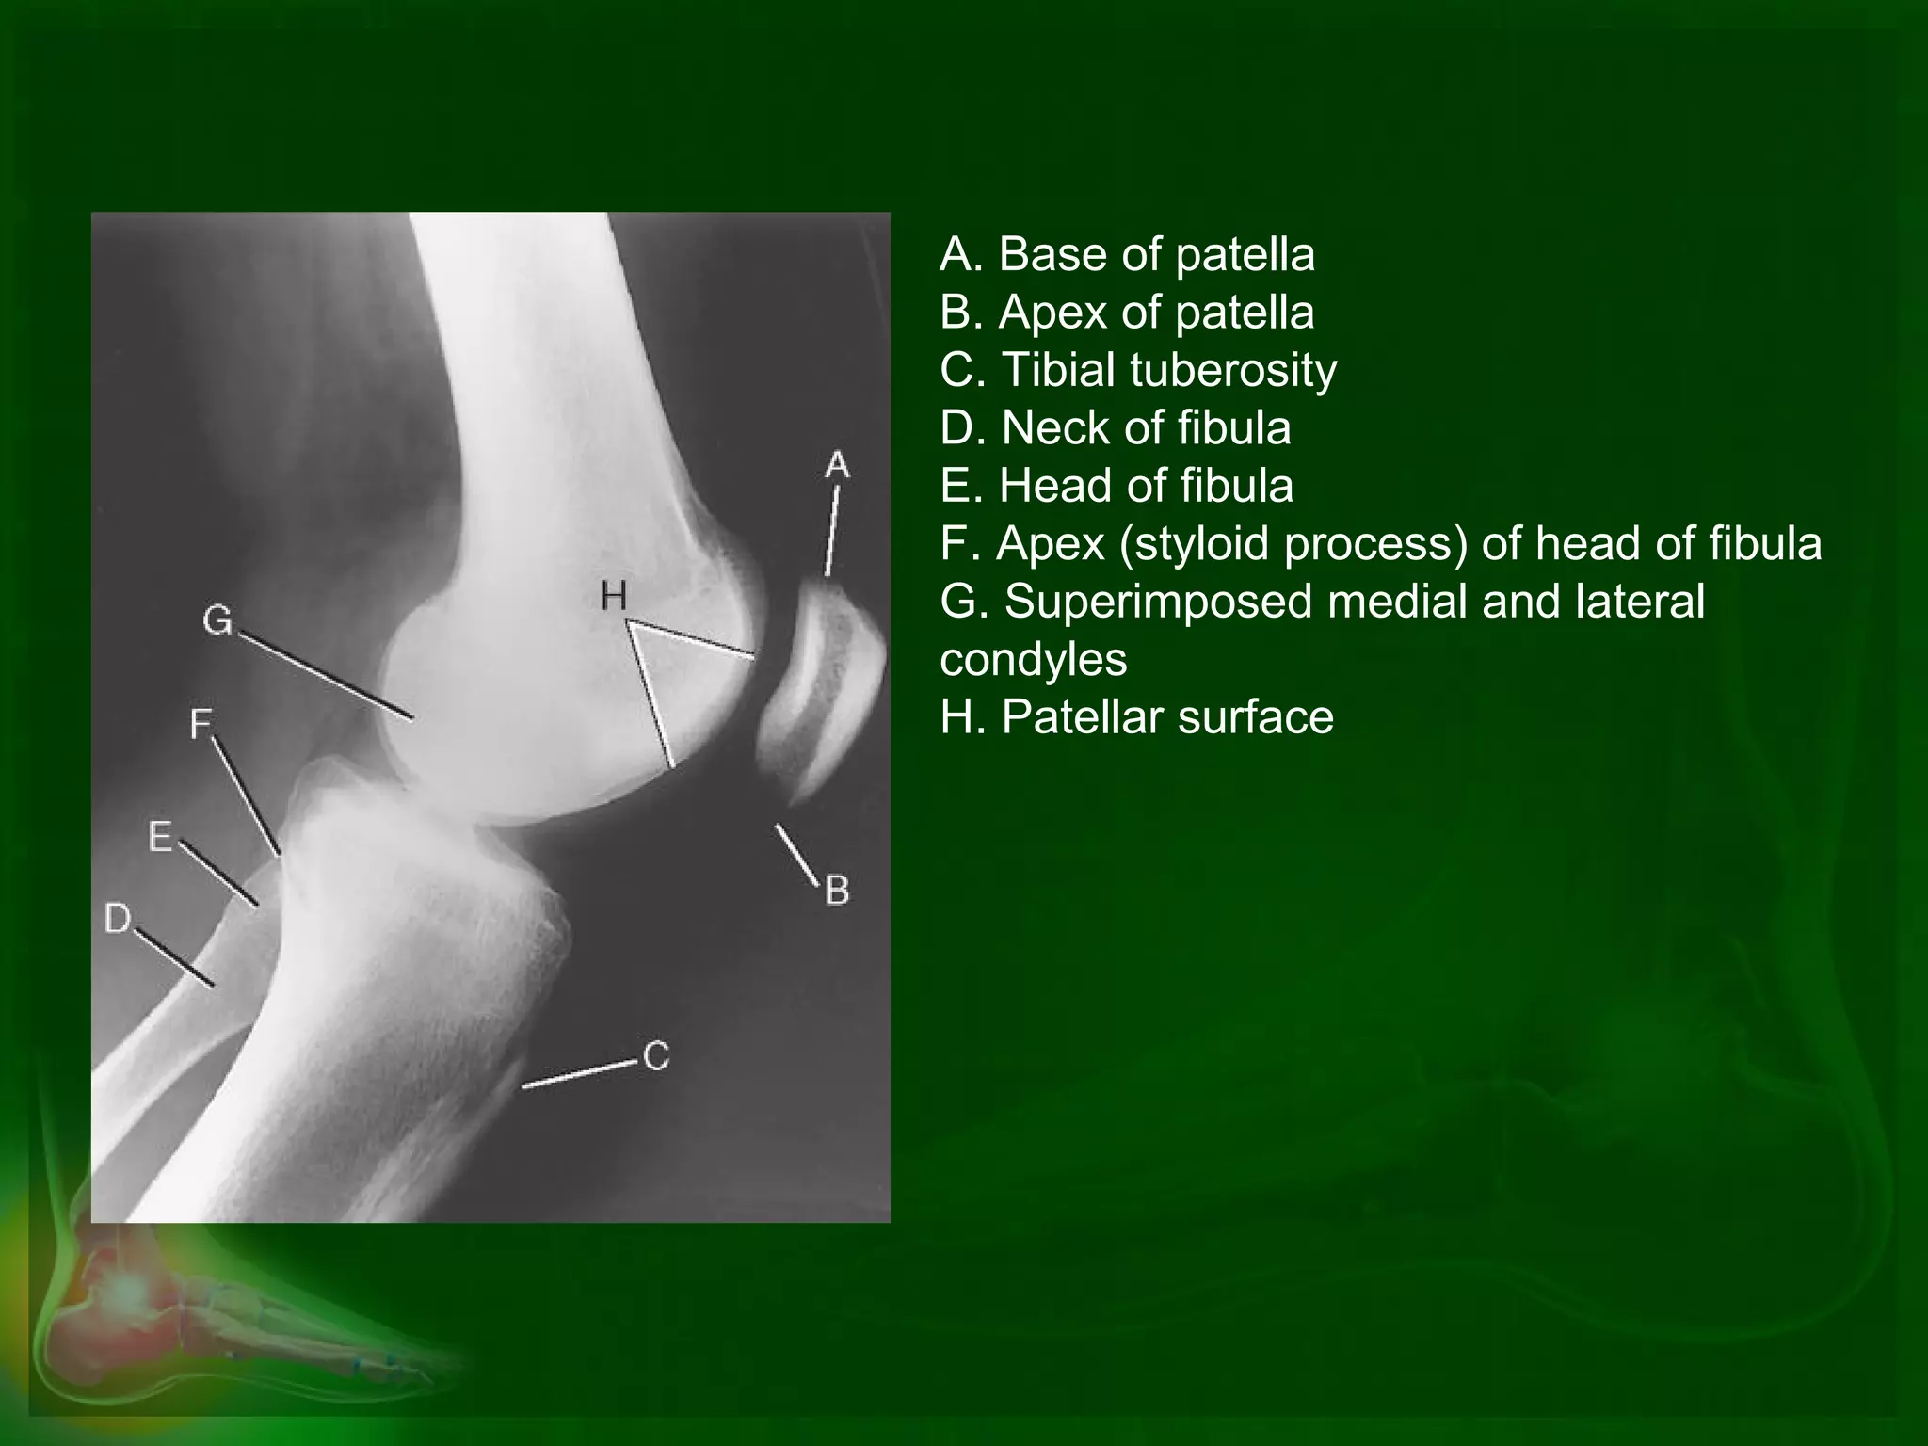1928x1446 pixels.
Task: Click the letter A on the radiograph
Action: pos(836,465)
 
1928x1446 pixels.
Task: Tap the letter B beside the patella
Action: pos(837,890)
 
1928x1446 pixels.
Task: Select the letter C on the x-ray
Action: pos(656,1055)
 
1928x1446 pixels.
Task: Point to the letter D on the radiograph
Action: pos(118,918)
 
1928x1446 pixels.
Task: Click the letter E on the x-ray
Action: pos(161,836)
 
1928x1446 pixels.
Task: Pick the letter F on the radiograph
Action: pos(201,724)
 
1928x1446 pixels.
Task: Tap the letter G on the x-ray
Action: pos(217,620)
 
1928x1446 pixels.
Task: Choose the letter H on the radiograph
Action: pos(613,595)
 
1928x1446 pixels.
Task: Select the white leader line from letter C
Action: pos(579,1074)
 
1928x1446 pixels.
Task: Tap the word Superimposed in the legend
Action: pos(1158,602)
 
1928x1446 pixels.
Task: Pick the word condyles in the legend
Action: pos(1033,660)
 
